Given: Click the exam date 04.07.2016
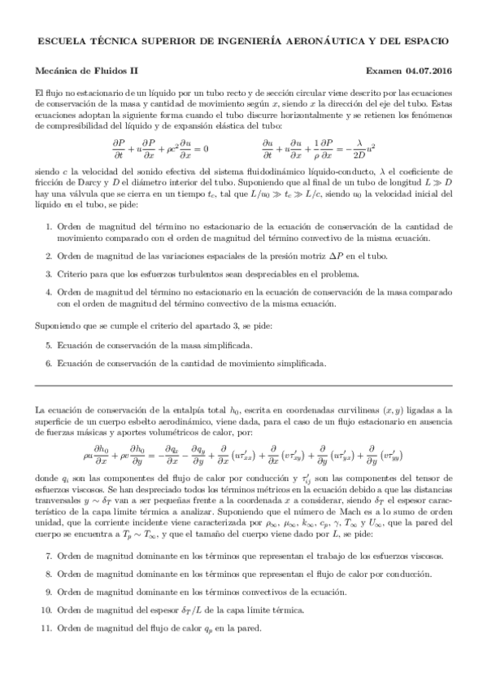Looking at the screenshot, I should click(429, 71).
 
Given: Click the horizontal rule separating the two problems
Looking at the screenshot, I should click(243, 384).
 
